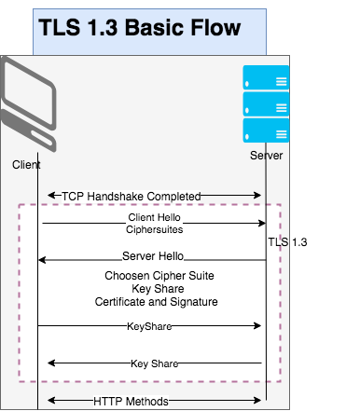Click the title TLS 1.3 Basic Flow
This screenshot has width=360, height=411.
pos(139,27)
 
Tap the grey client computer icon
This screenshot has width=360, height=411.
pos(28,104)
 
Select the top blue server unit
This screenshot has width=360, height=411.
pos(266,77)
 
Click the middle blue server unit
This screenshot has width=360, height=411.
pos(266,104)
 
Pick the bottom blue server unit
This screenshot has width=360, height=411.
pos(266,130)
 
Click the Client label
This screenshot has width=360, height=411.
pos(26,165)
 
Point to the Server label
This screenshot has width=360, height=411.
pos(267,156)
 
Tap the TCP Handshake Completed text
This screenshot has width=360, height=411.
pos(132,197)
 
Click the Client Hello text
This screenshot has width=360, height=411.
pos(154,217)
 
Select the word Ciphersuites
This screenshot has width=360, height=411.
pos(154,229)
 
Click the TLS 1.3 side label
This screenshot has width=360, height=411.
pos(287,242)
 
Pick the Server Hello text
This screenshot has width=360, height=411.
pos(153,256)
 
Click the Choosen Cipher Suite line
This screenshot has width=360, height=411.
pos(159,276)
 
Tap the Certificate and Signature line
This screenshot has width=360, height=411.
pos(156,302)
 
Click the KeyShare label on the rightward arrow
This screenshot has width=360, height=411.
pos(149,326)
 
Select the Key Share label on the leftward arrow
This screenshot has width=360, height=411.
pos(155,363)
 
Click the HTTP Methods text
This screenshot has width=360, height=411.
pos(131,402)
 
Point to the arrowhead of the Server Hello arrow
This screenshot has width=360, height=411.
pos(42,260)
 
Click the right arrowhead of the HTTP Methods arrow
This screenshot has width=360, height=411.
pos(257,400)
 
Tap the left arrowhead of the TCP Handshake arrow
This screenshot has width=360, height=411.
pos(51,196)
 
